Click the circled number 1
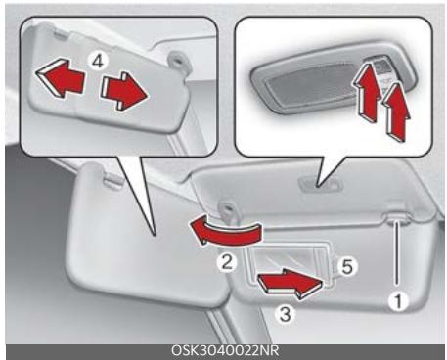point(398,301)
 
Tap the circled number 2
point(227,262)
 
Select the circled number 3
point(286,315)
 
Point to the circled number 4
point(98,62)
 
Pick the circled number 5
point(347,267)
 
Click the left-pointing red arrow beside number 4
point(61,78)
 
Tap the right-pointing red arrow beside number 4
point(124,92)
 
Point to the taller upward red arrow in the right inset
point(368,92)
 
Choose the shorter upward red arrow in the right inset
point(396,112)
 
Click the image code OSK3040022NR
point(225,351)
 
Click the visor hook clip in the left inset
point(179,62)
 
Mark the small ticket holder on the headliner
point(321,185)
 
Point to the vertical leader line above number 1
point(397,256)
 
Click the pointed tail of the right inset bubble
point(319,187)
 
